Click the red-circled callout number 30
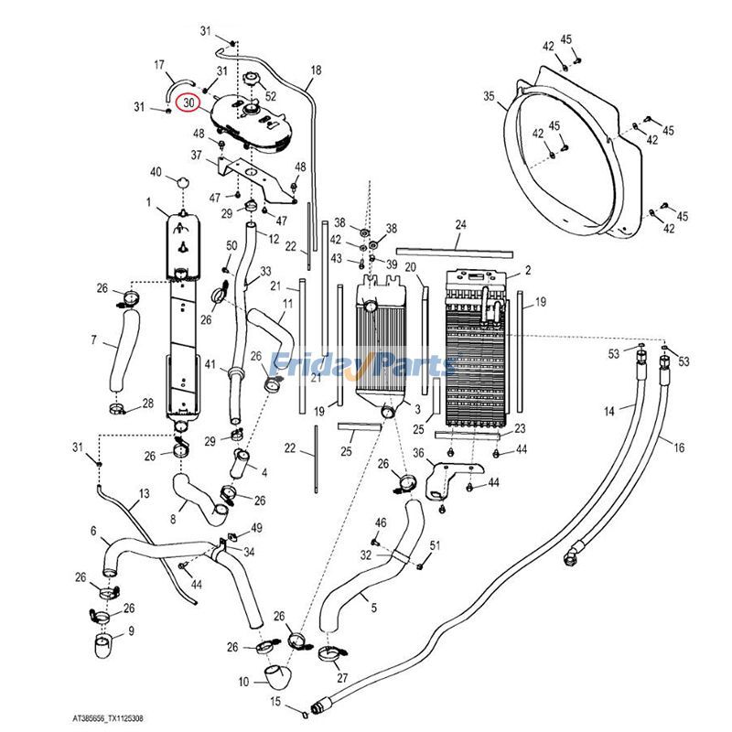coord(189,102)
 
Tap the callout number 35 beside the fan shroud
coord(489,96)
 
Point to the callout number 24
coord(460,224)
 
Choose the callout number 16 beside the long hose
coord(679,447)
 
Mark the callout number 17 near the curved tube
coord(158,65)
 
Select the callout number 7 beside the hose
coord(93,340)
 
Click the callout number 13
coord(144,494)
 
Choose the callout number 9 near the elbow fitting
coord(130,630)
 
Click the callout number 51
coord(435,546)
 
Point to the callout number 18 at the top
coord(316,70)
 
